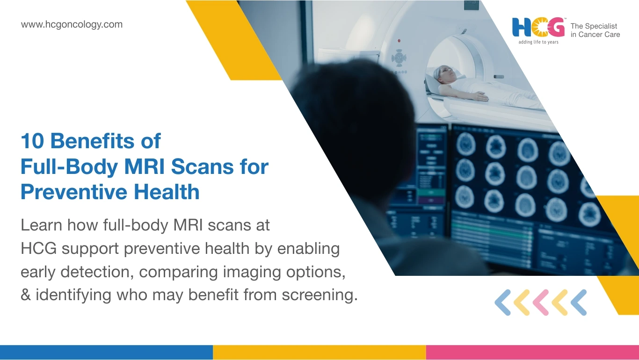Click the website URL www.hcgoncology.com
72,24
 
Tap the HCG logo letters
538,28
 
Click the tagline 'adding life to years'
538,42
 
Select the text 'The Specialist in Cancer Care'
595,30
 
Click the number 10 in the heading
32,141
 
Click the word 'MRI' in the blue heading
145,166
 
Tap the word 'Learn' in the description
41,225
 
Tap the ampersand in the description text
25,295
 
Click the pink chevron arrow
540,302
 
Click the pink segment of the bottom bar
532,352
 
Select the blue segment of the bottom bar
106,352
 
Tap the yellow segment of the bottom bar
319,352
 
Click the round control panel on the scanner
399,58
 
